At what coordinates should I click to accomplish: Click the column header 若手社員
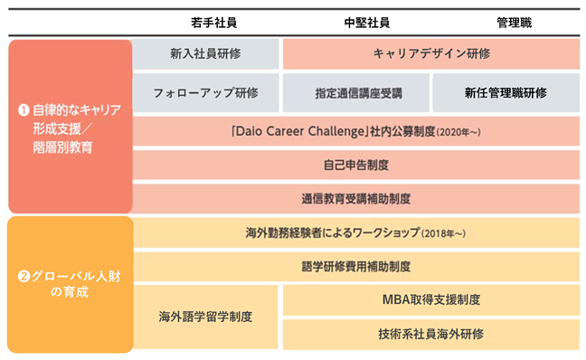(x=213, y=23)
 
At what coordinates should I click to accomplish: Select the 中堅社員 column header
(x=366, y=23)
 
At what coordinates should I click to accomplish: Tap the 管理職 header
(x=514, y=23)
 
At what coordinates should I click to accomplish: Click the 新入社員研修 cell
(x=205, y=54)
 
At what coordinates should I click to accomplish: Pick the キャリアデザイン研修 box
(x=431, y=54)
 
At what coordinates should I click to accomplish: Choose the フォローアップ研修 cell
(x=205, y=92)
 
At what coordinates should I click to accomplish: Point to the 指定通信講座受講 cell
(x=356, y=92)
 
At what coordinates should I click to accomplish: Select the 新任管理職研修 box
(x=506, y=92)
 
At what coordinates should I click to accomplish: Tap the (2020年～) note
(x=458, y=132)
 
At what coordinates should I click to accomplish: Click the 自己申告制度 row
(x=356, y=165)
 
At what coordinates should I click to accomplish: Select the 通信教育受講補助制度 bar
(x=356, y=198)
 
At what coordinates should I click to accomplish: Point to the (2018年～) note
(x=443, y=233)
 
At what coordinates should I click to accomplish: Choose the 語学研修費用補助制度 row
(x=356, y=267)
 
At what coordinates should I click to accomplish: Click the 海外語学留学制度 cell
(x=205, y=317)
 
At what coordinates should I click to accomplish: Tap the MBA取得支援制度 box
(x=431, y=299)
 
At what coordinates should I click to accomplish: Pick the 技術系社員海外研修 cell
(x=431, y=334)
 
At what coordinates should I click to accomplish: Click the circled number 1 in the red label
(x=24, y=110)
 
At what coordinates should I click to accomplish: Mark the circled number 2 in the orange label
(x=24, y=277)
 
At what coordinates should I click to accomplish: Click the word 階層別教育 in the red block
(x=62, y=147)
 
